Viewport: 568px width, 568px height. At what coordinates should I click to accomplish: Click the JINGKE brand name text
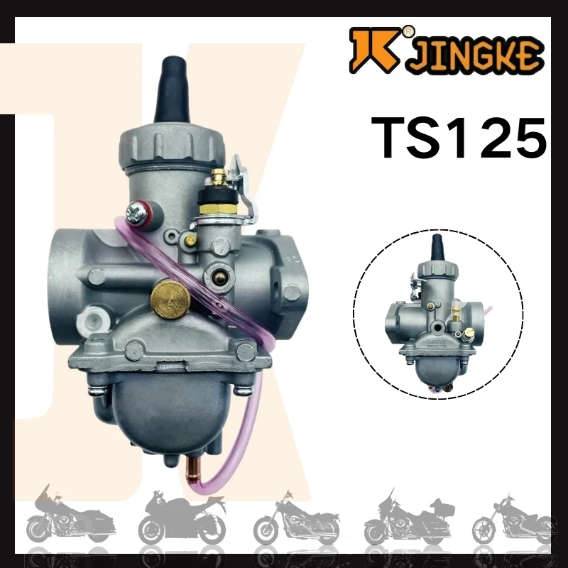[x=475, y=56]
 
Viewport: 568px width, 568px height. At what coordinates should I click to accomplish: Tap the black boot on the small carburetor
[x=437, y=248]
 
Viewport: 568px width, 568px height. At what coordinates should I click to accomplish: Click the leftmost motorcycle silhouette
[x=60, y=518]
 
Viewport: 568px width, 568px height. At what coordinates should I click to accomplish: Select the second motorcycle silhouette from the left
[x=181, y=518]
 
